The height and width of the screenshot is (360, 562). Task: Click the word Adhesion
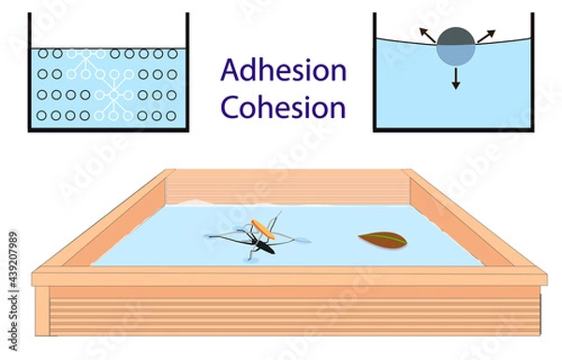click(x=283, y=70)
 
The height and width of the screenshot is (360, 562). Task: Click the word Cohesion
click(x=283, y=107)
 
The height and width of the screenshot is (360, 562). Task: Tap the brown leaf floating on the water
click(x=382, y=240)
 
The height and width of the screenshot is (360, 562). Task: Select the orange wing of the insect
click(x=265, y=226)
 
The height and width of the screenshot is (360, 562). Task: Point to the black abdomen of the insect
click(x=258, y=247)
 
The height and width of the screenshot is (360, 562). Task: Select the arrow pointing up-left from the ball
click(x=426, y=35)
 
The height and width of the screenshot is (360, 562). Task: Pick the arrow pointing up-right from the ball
click(x=486, y=35)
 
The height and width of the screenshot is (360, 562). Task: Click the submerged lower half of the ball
click(x=456, y=55)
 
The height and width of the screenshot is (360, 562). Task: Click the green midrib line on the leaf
click(x=383, y=240)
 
